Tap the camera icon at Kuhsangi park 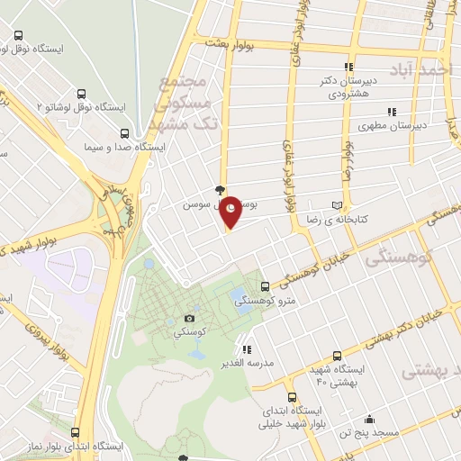click(190, 318)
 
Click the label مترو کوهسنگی click(262, 303)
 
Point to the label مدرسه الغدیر click(247, 365)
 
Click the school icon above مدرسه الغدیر click(247, 349)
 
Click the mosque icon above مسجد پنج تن click(369, 420)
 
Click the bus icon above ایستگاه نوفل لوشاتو click(83, 93)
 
